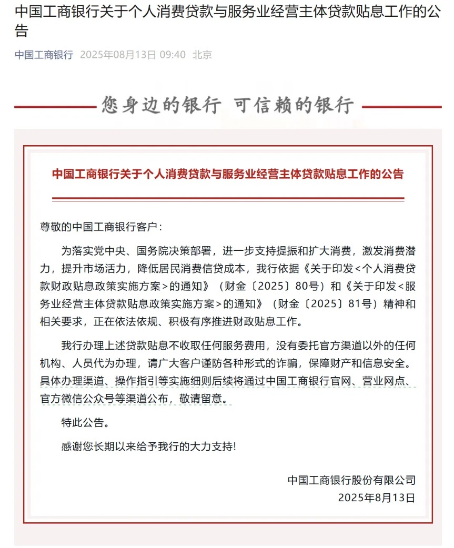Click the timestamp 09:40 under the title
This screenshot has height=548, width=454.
[x=173, y=55]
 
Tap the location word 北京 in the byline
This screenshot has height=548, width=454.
[x=203, y=55]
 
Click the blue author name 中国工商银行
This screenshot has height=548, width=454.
[x=44, y=55]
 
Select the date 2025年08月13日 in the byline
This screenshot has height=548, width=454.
[x=118, y=55]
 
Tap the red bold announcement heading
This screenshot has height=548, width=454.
[x=227, y=174]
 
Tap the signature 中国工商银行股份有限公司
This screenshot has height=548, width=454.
[x=351, y=480]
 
